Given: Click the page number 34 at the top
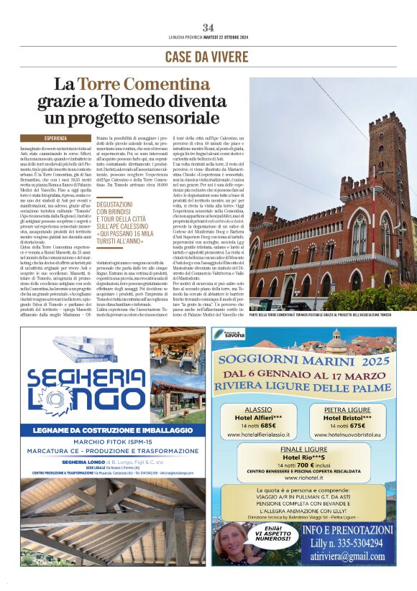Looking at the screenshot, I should (208, 27).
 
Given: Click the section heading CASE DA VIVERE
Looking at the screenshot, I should (208, 57).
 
